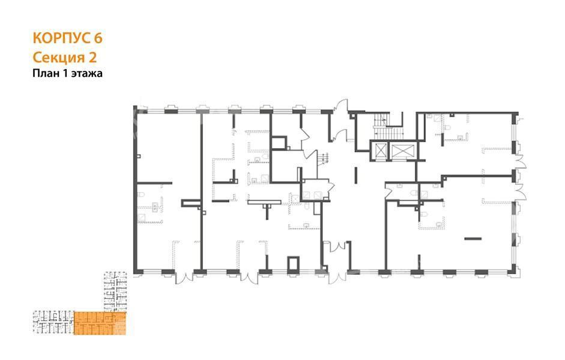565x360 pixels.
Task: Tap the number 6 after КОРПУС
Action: tap(98, 38)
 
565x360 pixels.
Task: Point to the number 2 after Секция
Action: tap(92, 58)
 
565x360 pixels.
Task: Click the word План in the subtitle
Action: tap(44, 73)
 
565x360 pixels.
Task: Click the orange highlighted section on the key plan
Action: tap(100, 323)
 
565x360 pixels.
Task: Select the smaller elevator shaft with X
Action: tap(381, 151)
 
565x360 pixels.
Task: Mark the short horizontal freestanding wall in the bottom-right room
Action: tap(473, 238)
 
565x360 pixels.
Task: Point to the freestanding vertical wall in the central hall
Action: tap(355, 175)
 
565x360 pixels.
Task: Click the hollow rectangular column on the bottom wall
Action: tap(294, 264)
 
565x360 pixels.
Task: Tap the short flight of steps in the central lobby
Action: tap(324, 159)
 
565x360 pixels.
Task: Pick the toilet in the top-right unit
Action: tap(447, 127)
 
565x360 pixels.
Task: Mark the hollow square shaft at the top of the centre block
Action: tap(279, 143)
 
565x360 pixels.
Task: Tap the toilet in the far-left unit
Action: tap(141, 194)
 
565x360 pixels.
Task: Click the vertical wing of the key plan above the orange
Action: tap(115, 292)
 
